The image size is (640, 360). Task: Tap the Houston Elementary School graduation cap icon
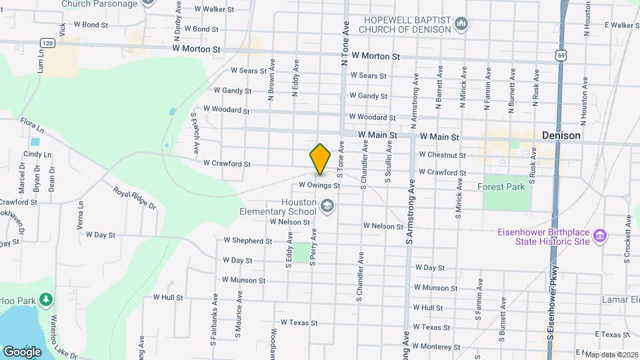(x=327, y=206)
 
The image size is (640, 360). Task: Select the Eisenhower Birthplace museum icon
(x=600, y=236)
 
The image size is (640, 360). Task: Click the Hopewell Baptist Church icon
(x=461, y=25)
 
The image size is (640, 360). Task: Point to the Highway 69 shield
(x=563, y=56)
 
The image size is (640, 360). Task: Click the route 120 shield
(x=46, y=43)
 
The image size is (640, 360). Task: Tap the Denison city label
(x=561, y=135)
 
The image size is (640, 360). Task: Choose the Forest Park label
(x=501, y=187)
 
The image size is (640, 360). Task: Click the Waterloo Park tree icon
(x=46, y=301)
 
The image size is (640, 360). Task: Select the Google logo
(x=22, y=351)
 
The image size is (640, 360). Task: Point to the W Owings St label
(x=319, y=185)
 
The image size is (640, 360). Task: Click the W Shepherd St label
(x=247, y=241)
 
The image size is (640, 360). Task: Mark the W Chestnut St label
(x=442, y=155)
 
